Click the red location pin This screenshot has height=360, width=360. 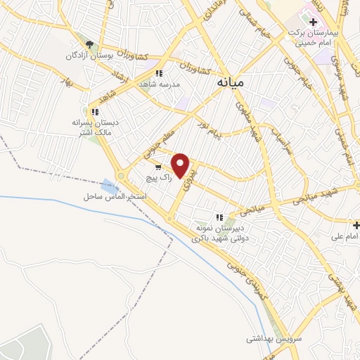point(181,165)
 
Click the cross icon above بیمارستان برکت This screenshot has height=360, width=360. point(313,22)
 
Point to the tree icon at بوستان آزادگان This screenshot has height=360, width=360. point(89,44)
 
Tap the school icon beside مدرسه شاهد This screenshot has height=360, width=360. point(160,73)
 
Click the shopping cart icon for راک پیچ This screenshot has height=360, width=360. point(158,167)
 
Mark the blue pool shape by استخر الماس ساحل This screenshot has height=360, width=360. point(110,187)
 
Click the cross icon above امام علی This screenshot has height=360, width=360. point(356,225)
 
